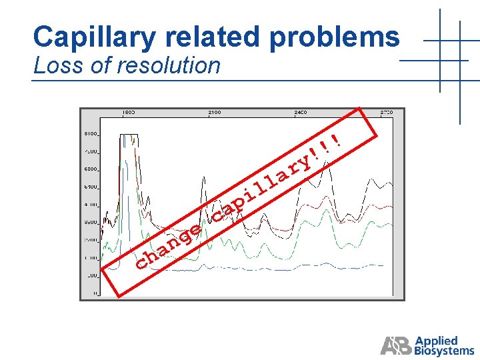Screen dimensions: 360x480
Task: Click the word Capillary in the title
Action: coord(93,37)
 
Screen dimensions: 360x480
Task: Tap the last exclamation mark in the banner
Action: coord(337,139)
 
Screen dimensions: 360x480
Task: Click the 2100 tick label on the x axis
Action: coord(214,113)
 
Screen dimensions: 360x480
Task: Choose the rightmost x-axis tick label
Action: coord(387,113)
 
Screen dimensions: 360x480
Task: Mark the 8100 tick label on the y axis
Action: coord(90,134)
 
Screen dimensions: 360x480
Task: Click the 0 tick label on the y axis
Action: coord(95,293)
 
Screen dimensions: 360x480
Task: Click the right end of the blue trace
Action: coord(382,265)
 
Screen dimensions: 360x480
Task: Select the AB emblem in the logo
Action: coord(396,345)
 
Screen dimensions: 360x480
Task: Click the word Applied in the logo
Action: coord(436,341)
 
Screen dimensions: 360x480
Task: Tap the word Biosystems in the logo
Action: coord(444,351)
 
